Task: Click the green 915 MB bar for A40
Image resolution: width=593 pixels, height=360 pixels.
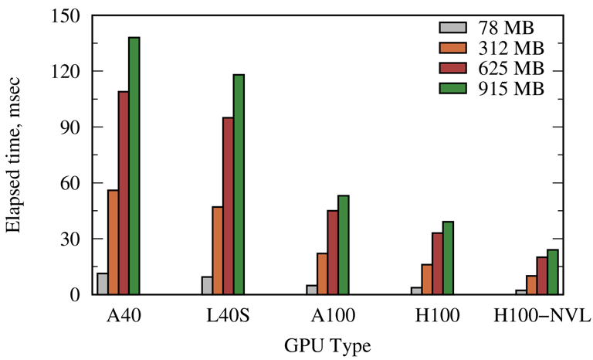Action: [134, 166]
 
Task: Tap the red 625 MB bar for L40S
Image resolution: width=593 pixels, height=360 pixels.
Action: [228, 205]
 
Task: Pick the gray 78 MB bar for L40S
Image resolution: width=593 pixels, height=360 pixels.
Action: [207, 286]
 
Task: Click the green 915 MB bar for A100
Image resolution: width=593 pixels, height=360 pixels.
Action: [343, 245]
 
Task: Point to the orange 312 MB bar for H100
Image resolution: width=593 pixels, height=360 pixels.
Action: [427, 279]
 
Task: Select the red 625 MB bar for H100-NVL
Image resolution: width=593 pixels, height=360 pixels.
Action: [542, 276]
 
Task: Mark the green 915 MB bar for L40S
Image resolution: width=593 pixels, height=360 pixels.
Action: [239, 185]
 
